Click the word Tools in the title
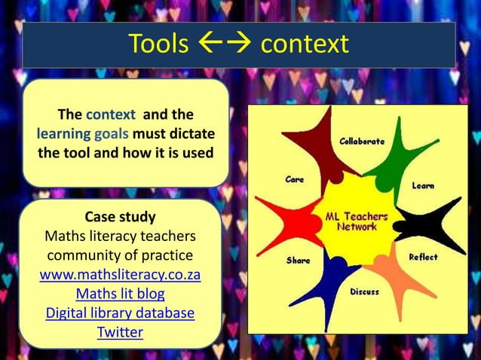pyautogui.click(x=158, y=44)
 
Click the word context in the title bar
pyautogui.click(x=304, y=44)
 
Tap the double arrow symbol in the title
pyautogui.click(x=224, y=44)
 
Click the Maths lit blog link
pyautogui.click(x=120, y=294)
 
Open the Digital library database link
pyautogui.click(x=120, y=313)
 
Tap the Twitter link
pyautogui.click(x=120, y=331)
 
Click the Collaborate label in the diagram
pyautogui.click(x=362, y=141)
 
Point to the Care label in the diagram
pyautogui.click(x=294, y=179)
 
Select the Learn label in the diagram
pyautogui.click(x=422, y=185)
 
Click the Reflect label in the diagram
pyautogui.click(x=423, y=257)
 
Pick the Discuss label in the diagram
pyautogui.click(x=364, y=291)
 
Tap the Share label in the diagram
pyautogui.click(x=298, y=261)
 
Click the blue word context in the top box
pyautogui.click(x=111, y=115)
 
